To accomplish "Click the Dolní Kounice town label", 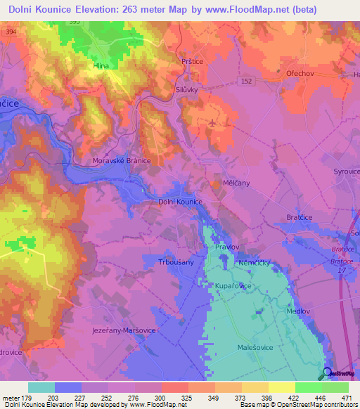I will click(x=180, y=202).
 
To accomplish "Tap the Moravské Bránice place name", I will click(x=122, y=161).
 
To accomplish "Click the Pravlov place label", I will click(x=228, y=247).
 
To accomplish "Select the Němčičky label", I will click(x=255, y=263).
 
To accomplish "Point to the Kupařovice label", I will click(x=235, y=286).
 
